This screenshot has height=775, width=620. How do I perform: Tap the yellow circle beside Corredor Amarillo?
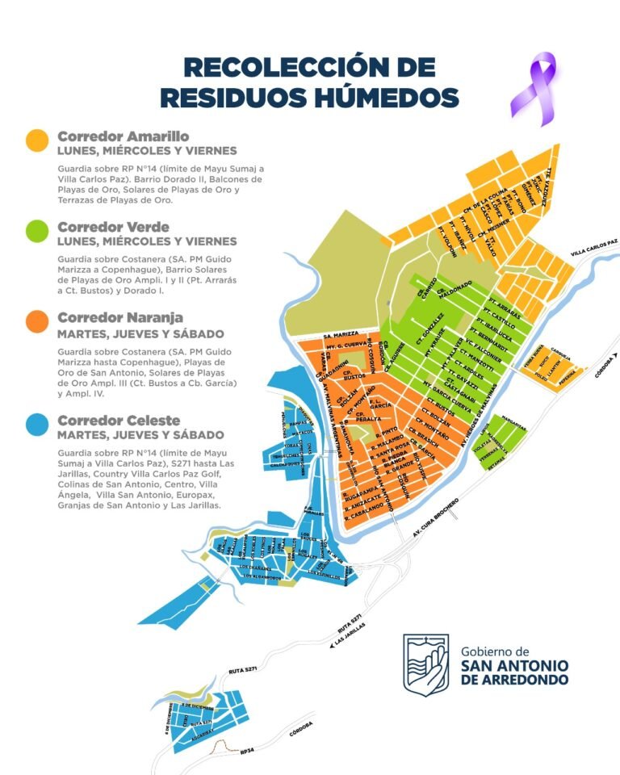pos(36,140)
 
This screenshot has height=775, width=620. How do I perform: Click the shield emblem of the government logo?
pos(426,663)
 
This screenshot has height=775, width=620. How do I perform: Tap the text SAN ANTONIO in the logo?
pos(513,665)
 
